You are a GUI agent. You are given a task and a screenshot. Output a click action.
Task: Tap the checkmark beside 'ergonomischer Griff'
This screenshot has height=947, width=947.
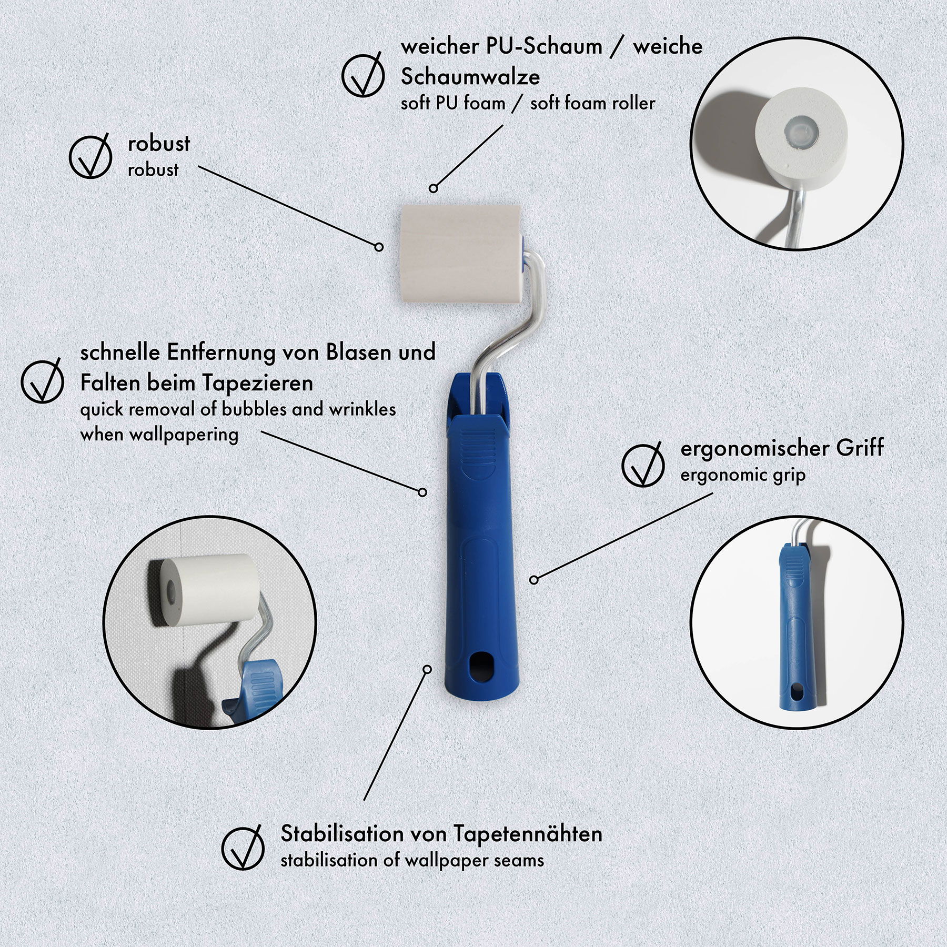[x=642, y=465]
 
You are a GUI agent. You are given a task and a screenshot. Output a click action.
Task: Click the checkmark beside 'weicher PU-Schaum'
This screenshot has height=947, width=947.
[x=363, y=74]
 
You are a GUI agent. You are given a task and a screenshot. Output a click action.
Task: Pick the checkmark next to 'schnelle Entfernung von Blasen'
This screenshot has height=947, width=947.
[x=42, y=380]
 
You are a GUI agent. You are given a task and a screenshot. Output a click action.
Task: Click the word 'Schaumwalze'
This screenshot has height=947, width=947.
[x=470, y=77]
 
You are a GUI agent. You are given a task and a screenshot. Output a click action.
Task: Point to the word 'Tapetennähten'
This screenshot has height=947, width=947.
[x=528, y=834]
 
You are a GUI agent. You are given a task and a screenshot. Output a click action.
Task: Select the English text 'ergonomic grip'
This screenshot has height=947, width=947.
[x=743, y=476]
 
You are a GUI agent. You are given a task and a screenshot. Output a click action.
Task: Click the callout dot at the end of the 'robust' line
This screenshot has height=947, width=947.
[x=379, y=246]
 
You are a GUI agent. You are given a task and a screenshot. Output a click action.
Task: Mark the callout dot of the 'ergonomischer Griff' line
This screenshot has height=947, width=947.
[x=533, y=580]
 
